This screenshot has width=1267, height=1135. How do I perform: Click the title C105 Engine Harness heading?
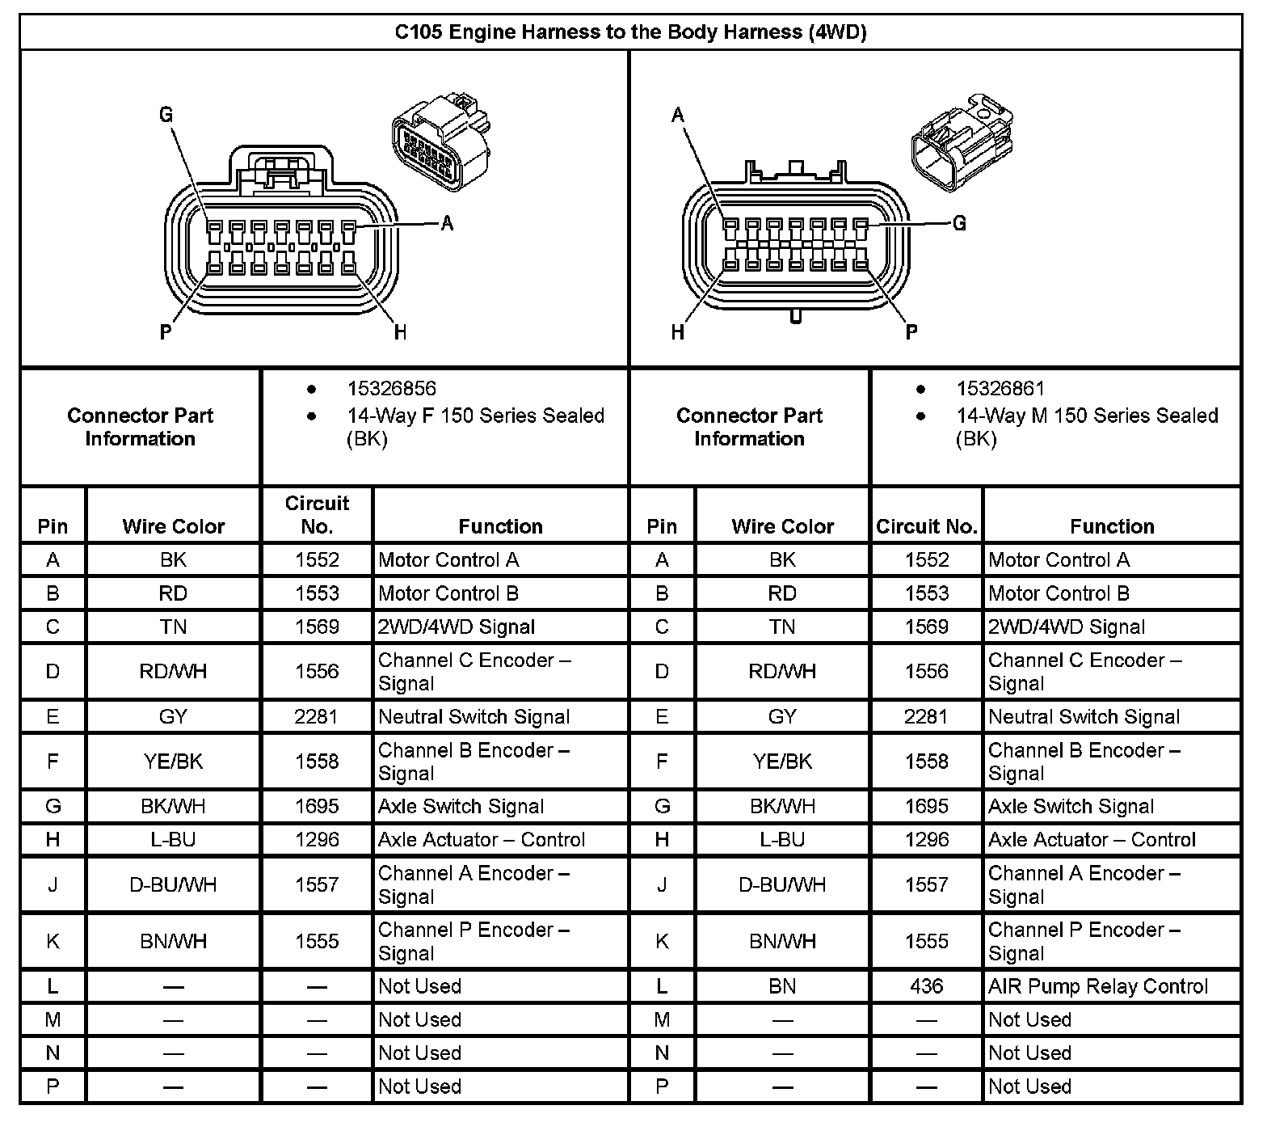point(630,32)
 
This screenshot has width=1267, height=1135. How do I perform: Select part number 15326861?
point(1000,389)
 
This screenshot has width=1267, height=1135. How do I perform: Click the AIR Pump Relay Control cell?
point(1097,986)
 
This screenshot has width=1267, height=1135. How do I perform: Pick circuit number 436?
point(926,986)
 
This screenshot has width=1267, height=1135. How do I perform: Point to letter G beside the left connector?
point(166,115)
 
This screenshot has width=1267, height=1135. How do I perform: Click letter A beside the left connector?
point(447,223)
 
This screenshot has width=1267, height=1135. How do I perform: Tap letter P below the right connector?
point(911,331)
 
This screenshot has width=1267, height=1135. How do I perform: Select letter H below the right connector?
point(678,331)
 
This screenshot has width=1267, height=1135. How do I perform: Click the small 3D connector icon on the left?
point(441,142)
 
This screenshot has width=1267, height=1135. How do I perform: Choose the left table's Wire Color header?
point(174,526)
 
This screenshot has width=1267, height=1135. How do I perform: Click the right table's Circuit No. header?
point(926,526)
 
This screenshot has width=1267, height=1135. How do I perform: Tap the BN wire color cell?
point(782,986)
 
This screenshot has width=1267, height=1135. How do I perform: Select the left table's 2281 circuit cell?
point(317,716)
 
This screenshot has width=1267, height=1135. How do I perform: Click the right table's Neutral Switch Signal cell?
point(1084,716)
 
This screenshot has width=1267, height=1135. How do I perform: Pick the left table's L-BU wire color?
point(174,839)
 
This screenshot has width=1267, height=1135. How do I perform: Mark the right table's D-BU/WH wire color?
point(782,884)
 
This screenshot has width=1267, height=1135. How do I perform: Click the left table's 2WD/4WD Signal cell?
point(457,627)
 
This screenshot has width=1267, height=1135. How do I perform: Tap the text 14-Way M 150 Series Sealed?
point(1086,416)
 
